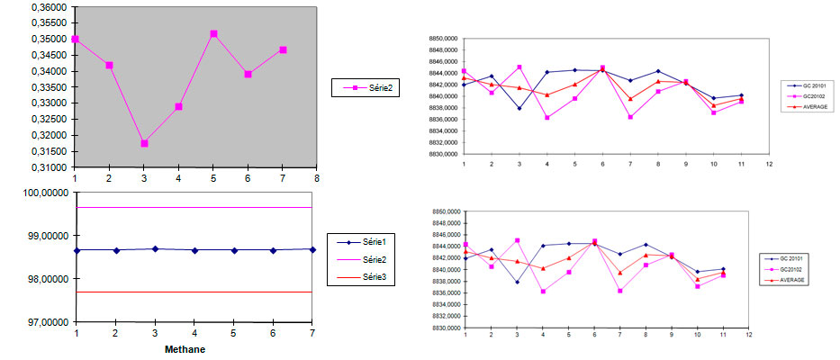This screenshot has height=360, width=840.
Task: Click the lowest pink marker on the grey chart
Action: coord(144,143)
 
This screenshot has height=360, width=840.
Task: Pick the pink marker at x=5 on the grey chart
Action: coord(213,34)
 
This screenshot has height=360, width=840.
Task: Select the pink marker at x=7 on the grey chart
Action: coord(283,49)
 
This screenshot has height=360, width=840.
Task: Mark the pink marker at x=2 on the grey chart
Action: coord(109,65)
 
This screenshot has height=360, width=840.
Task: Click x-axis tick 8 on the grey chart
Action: coord(317,176)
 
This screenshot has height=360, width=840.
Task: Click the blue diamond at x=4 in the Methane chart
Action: coord(194,250)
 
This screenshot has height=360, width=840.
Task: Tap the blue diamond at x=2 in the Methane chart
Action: coord(116,250)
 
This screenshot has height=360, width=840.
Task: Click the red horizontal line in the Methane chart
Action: coord(225,292)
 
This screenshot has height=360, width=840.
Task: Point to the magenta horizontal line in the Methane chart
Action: coord(225,207)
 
